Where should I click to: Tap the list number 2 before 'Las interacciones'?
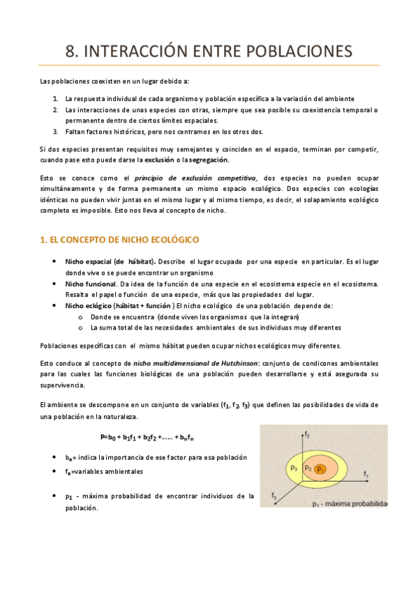55,110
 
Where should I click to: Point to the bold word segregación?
209,159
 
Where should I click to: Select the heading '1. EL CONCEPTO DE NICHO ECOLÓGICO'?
119,240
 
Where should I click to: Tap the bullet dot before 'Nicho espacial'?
55,261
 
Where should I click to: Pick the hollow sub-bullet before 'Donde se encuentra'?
82,316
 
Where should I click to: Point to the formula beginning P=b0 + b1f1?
147,438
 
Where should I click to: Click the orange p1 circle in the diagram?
320,469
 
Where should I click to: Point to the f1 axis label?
366,473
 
